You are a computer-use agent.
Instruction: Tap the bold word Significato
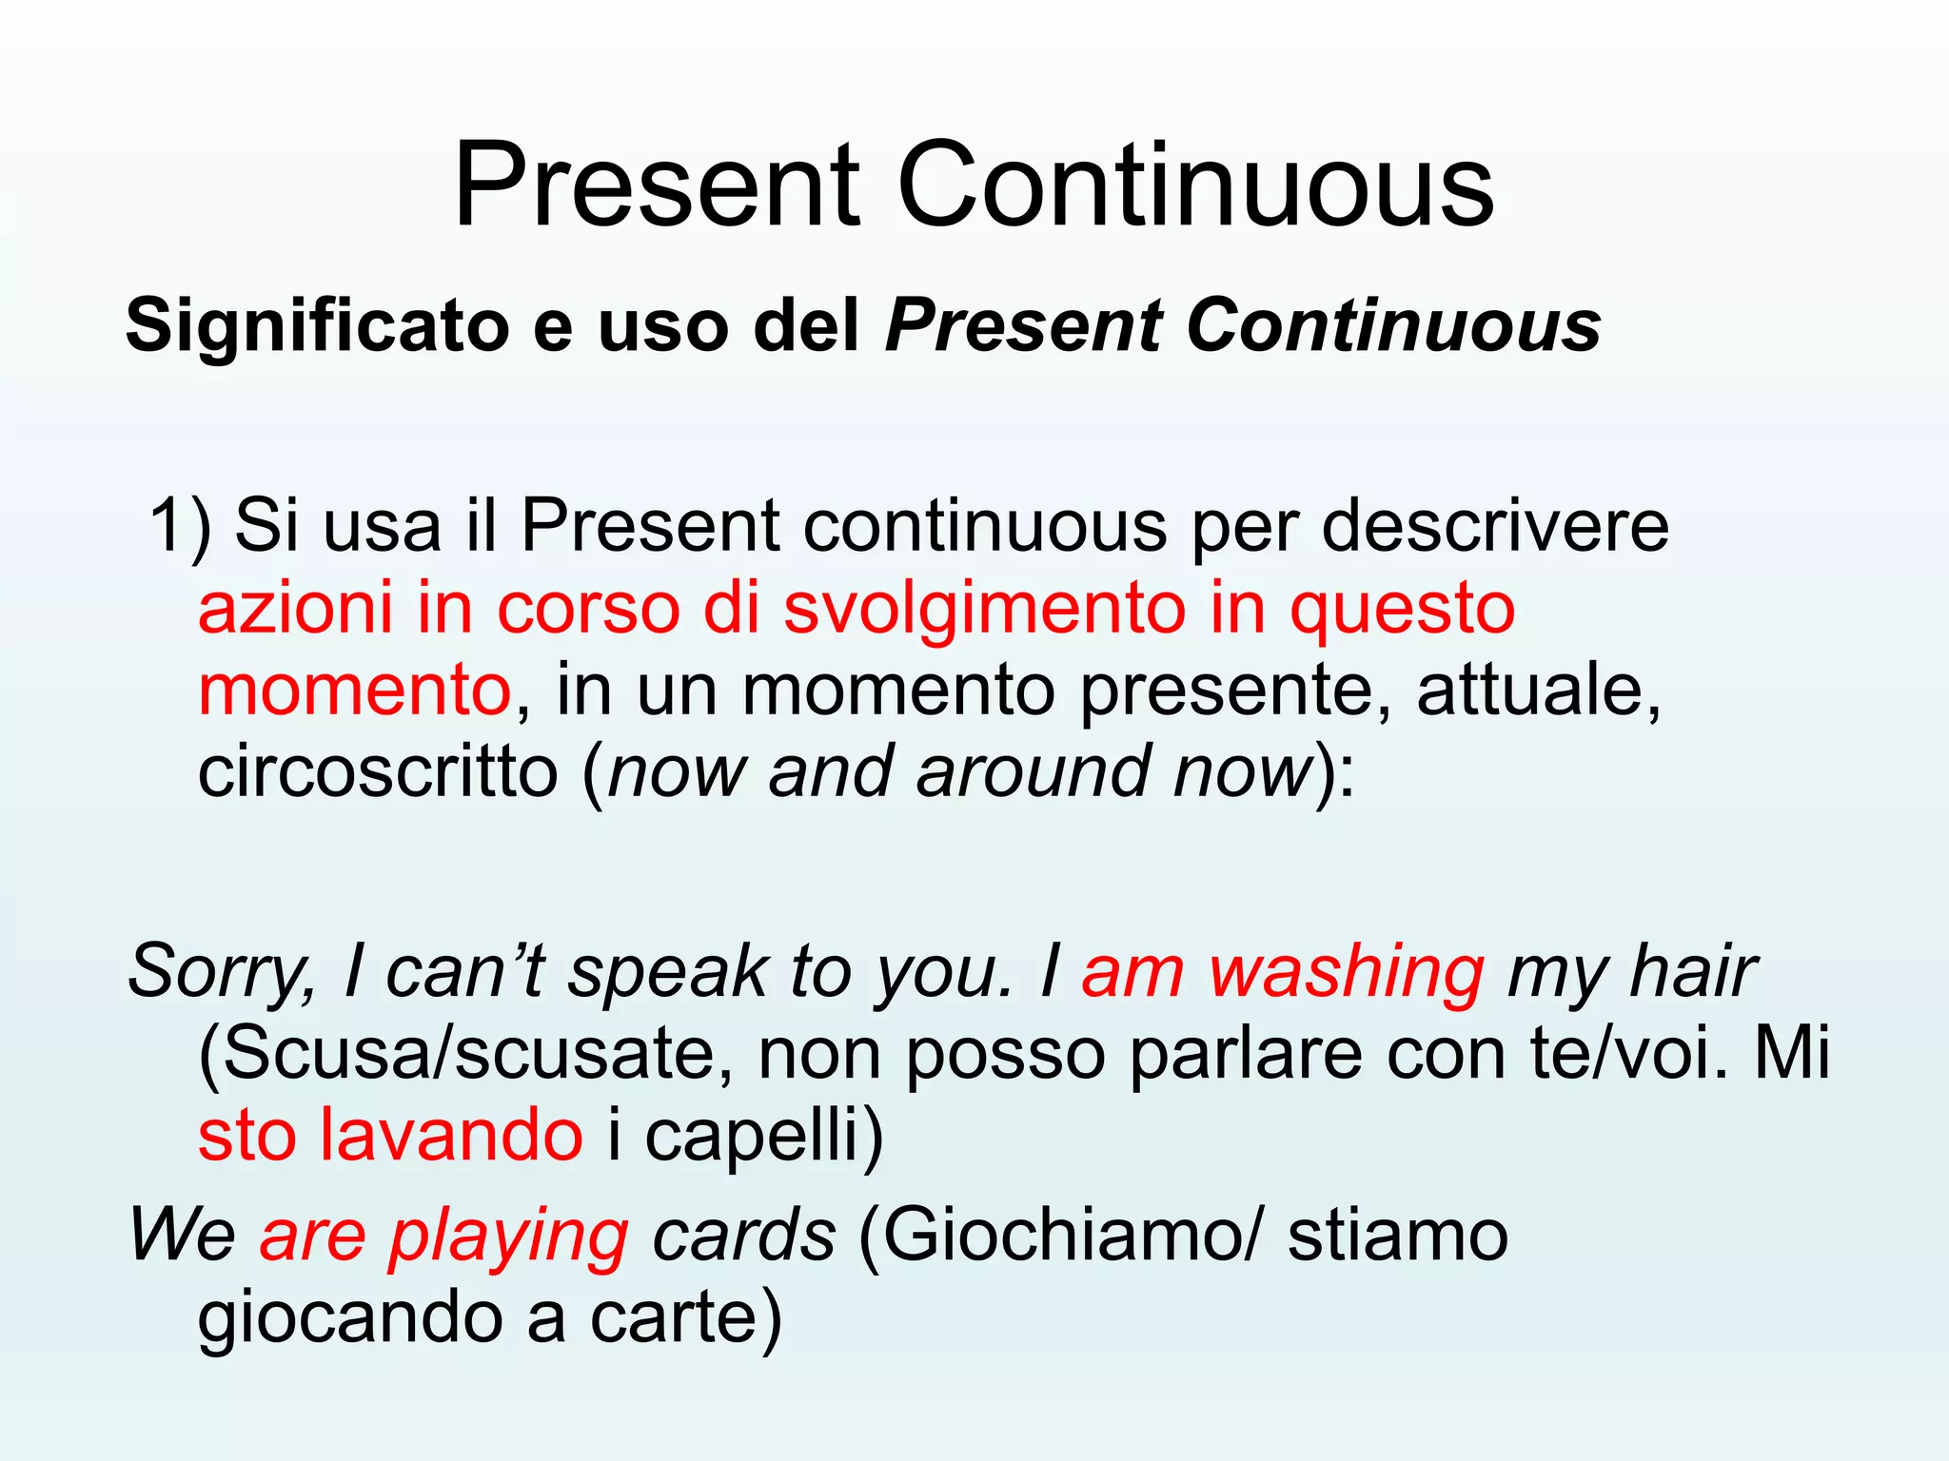(x=317, y=326)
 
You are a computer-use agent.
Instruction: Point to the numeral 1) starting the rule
(x=179, y=526)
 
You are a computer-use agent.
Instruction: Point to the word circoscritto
(x=378, y=771)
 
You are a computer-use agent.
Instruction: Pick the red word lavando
(x=451, y=1135)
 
